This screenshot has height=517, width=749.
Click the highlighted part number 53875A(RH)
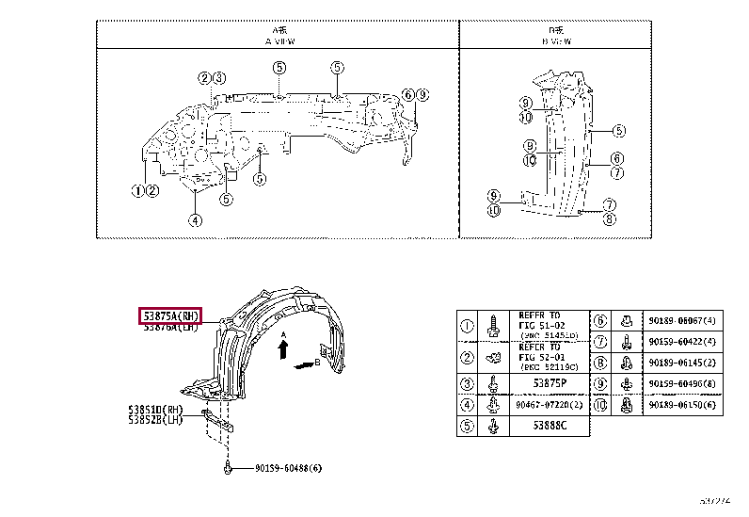click(170, 315)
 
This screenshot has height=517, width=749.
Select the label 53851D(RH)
click(155, 410)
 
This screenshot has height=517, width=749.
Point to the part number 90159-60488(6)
click(287, 468)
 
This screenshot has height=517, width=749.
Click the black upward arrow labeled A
click(282, 349)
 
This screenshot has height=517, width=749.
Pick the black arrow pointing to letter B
click(303, 364)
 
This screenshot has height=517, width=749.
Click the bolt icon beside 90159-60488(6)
click(228, 467)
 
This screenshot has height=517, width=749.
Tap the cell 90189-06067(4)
click(682, 321)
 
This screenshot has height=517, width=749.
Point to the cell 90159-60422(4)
click(682, 342)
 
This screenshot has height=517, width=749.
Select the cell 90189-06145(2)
click(682, 363)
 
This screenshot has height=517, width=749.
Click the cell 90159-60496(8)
click(682, 383)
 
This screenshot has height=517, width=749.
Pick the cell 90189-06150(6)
click(682, 405)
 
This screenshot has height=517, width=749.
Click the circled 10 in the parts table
click(600, 405)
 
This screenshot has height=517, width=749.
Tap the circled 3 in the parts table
click(467, 383)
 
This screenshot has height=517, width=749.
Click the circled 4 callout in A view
click(194, 221)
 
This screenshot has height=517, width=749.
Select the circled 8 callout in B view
click(609, 220)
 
